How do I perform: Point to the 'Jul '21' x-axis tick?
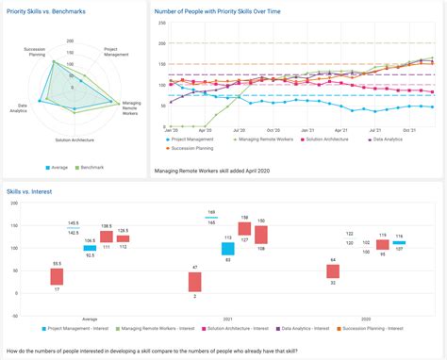(375, 130)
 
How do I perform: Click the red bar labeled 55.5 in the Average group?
(58, 276)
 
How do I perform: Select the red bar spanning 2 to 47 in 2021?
(194, 281)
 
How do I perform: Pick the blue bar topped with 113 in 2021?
(228, 249)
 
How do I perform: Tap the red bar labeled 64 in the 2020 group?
(333, 271)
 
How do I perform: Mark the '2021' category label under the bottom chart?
(228, 319)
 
